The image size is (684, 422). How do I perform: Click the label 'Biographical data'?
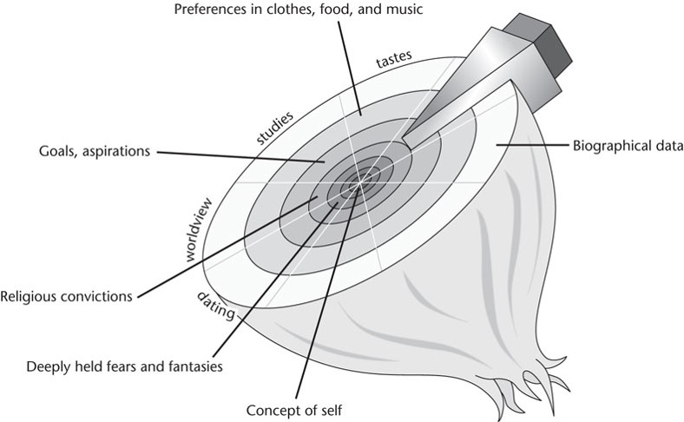(x=624, y=146)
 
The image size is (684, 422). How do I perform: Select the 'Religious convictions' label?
(x=67, y=296)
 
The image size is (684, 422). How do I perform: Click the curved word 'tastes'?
(x=394, y=63)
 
